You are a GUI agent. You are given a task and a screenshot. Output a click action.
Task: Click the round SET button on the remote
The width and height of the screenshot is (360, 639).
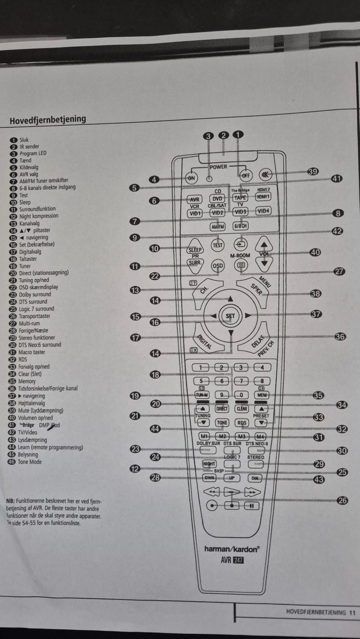pyautogui.click(x=230, y=316)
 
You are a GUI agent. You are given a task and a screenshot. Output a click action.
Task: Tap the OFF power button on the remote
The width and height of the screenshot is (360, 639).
pyautogui.click(x=246, y=175)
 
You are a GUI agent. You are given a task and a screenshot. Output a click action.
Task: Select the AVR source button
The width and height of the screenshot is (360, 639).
pyautogui.click(x=195, y=199)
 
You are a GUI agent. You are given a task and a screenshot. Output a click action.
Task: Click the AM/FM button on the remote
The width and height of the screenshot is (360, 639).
pyautogui.click(x=217, y=226)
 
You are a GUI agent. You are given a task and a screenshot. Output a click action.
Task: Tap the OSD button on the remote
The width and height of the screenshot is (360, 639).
pyautogui.click(x=217, y=266)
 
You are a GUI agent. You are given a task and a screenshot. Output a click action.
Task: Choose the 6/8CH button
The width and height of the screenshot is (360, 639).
pyautogui.click(x=240, y=226)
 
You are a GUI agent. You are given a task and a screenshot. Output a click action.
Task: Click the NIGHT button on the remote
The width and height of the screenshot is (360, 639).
pyautogui.click(x=209, y=464)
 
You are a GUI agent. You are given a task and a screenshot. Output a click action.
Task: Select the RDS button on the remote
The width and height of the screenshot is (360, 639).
pyautogui.click(x=242, y=423)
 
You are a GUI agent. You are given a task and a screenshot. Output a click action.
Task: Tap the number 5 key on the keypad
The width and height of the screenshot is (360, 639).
pyautogui.click(x=201, y=381)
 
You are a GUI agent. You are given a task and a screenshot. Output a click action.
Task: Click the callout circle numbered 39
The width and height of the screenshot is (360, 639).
pyautogui.click(x=313, y=172)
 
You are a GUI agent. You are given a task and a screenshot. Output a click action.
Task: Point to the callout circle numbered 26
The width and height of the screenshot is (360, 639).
pyautogui.click(x=342, y=500)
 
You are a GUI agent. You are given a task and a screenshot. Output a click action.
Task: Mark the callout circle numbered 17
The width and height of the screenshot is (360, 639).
pyautogui.click(x=135, y=337)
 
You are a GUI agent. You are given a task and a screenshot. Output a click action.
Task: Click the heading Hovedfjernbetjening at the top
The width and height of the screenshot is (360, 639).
pyautogui.click(x=48, y=120)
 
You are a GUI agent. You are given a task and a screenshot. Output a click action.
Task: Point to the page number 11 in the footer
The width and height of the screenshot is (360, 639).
pyautogui.click(x=352, y=612)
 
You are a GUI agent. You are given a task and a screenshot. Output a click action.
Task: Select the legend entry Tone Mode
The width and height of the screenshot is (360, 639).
pyautogui.click(x=30, y=462)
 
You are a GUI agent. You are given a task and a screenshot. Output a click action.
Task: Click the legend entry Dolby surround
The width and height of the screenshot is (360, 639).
pyautogui.click(x=35, y=294)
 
